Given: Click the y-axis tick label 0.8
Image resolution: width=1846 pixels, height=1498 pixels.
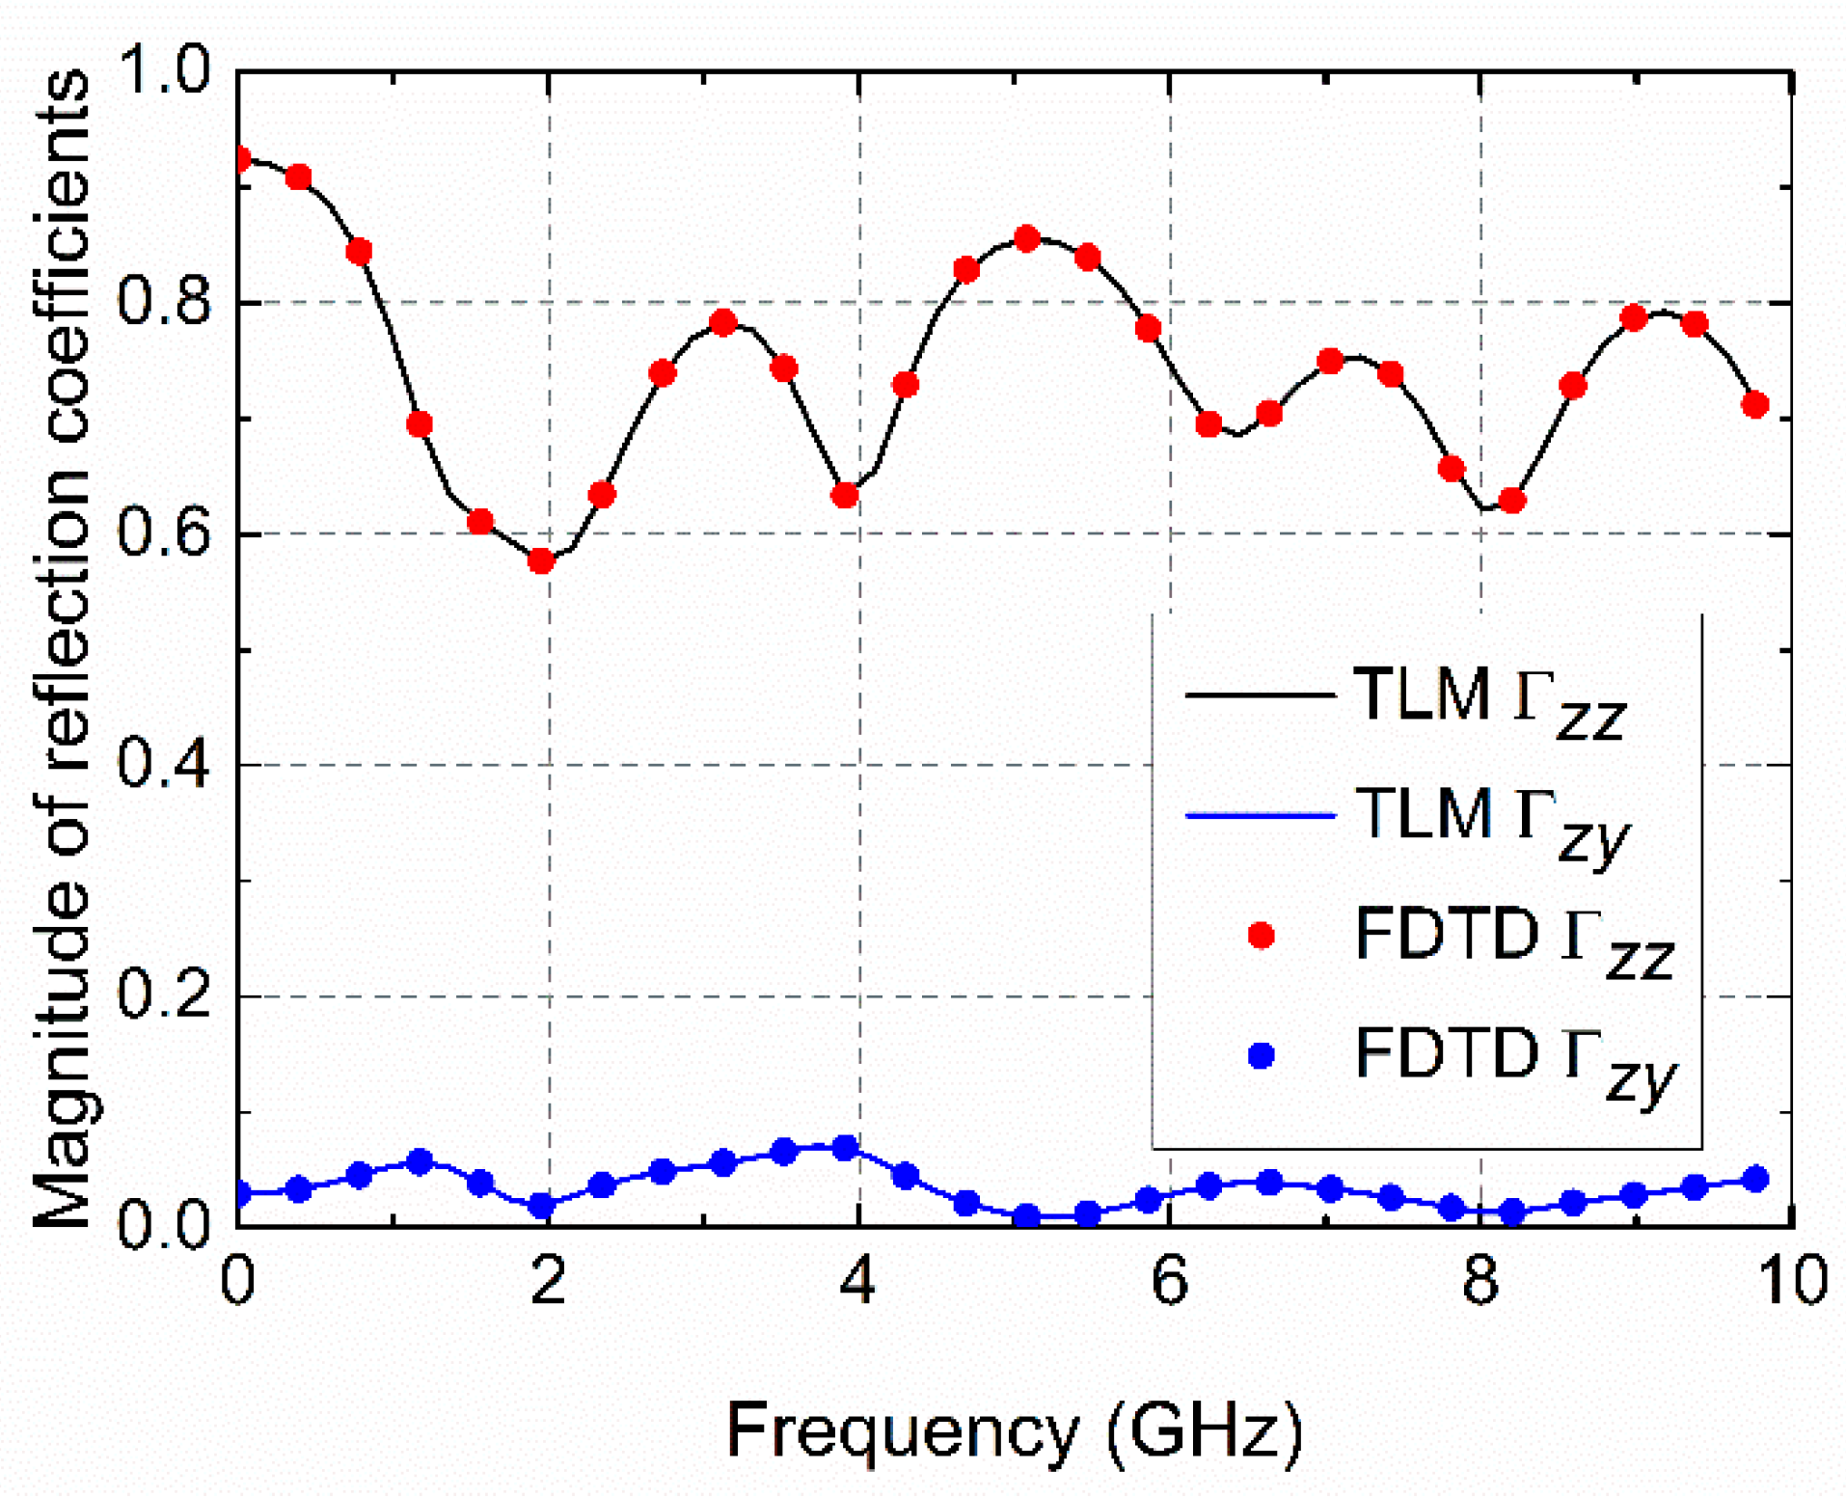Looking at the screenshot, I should pyautogui.click(x=163, y=302).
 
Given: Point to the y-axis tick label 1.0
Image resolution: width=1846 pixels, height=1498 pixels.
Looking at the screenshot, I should pyautogui.click(x=163, y=70).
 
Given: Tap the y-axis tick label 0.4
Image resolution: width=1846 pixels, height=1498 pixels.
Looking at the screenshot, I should pyautogui.click(x=163, y=765).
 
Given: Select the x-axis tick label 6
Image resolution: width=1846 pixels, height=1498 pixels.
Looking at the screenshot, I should pyautogui.click(x=1169, y=1281).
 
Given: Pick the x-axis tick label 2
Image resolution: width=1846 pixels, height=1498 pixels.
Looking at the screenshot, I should pyautogui.click(x=548, y=1281).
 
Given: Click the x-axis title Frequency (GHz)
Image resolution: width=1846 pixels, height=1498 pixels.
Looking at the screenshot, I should pyautogui.click(x=1014, y=1431).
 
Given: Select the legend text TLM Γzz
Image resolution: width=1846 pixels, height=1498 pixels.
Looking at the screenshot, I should pyautogui.click(x=1490, y=696).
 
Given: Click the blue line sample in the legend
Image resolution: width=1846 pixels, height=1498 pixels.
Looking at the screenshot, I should pyautogui.click(x=1260, y=816).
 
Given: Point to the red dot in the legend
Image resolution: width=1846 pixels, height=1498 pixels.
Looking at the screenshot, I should pyautogui.click(x=1261, y=935).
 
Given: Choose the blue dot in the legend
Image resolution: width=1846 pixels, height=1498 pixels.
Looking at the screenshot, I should pyautogui.click(x=1261, y=1055).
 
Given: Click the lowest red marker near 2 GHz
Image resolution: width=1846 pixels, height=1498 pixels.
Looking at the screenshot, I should pyautogui.click(x=541, y=560).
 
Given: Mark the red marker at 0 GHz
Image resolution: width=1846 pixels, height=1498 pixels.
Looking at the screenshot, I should pyautogui.click(x=239, y=159).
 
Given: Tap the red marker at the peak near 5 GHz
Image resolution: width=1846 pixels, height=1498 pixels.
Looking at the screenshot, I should pyautogui.click(x=1026, y=238).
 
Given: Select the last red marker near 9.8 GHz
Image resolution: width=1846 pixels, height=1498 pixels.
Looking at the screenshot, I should pyautogui.click(x=1754, y=404).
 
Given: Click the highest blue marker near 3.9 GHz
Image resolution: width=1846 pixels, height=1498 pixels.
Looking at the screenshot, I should pyautogui.click(x=845, y=1148).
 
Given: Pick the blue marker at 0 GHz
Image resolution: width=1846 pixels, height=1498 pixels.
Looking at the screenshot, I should pyautogui.click(x=239, y=1194).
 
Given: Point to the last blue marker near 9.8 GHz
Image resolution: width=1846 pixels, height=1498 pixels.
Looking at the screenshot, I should pyautogui.click(x=1755, y=1179).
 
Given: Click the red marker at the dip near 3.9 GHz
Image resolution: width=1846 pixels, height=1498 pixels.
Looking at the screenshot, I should pyautogui.click(x=844, y=495).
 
